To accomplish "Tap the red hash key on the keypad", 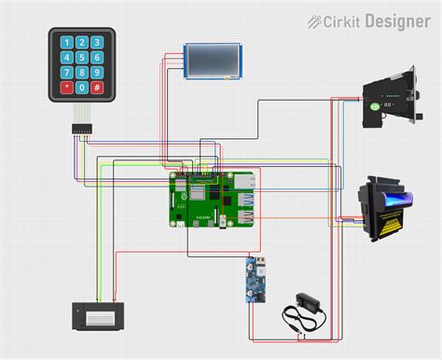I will tap(97, 88).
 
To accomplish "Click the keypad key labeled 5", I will tap(81, 57).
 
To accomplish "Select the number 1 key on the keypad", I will tap(65, 42).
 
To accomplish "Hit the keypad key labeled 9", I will tap(97, 73).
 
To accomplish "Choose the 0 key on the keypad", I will tap(81, 88).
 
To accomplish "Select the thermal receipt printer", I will tap(96, 314).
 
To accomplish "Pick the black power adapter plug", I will tap(304, 303).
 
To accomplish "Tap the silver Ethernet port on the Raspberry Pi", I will tap(247, 182).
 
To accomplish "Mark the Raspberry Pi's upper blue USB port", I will tap(247, 200).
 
